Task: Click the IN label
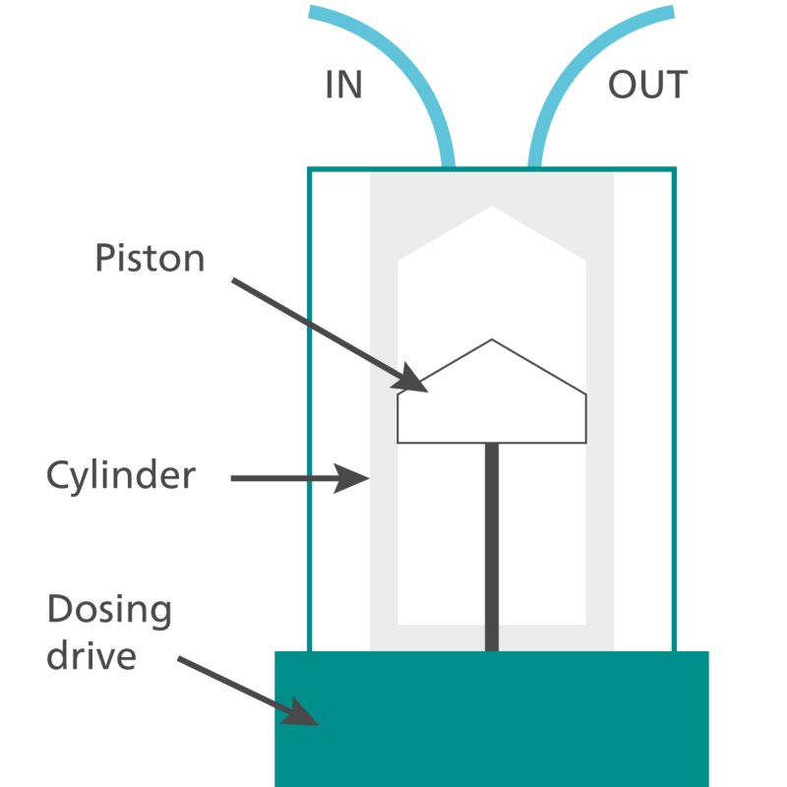(343, 86)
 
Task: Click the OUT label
(646, 86)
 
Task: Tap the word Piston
(150, 259)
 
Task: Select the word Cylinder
(121, 476)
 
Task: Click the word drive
(91, 655)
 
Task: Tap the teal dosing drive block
(492, 718)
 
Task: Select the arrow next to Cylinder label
(295, 479)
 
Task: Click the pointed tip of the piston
(492, 341)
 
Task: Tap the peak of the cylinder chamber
(492, 208)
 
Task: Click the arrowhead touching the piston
(413, 381)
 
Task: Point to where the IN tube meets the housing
(447, 165)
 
